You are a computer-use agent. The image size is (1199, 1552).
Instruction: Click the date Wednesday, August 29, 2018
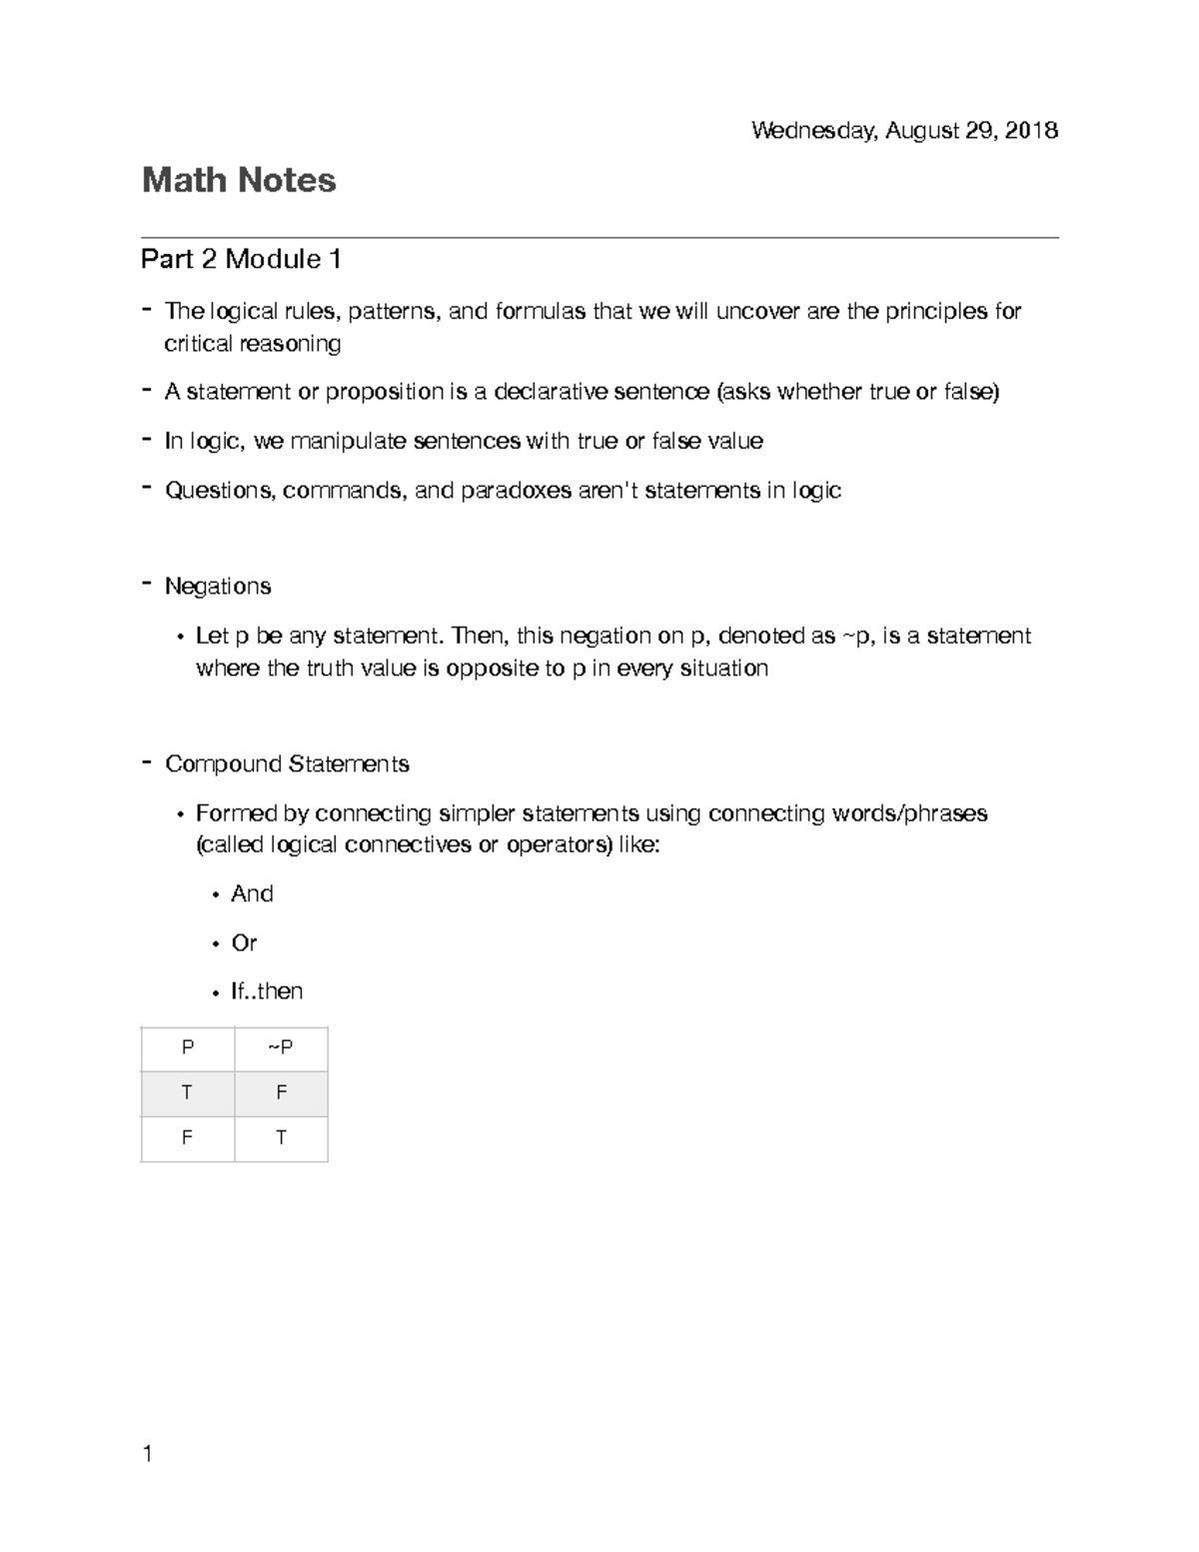(904, 131)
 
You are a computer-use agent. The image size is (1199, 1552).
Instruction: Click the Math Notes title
(239, 181)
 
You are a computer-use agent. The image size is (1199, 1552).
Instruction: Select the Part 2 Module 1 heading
(241, 260)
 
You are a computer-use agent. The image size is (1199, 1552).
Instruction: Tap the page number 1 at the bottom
(148, 1454)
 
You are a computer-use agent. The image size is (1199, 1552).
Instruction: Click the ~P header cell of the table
(281, 1047)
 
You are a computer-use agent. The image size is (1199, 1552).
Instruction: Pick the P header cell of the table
(187, 1047)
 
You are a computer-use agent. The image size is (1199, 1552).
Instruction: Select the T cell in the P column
(187, 1093)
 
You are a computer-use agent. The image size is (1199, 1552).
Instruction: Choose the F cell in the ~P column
(281, 1093)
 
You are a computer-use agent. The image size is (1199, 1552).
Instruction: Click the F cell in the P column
(187, 1138)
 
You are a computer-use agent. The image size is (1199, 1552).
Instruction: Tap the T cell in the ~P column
(281, 1138)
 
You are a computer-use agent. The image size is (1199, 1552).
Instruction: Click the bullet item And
(252, 893)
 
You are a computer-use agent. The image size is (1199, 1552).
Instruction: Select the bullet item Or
(244, 942)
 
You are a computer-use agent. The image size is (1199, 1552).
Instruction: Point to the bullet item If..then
(267, 991)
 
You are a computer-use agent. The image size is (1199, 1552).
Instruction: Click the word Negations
(218, 587)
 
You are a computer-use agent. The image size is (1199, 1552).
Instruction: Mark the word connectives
(408, 845)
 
